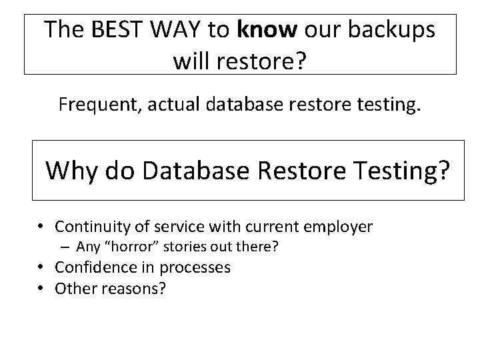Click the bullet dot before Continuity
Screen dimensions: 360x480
click(x=41, y=227)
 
